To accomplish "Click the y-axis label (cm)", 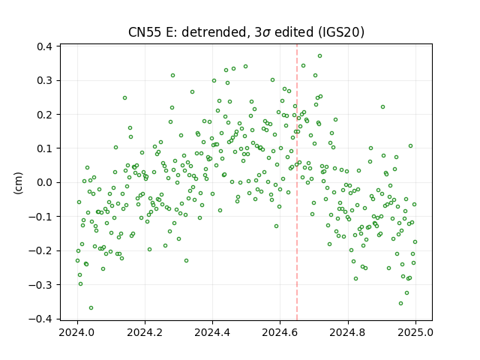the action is [18, 183].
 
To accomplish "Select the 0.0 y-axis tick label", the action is [44, 183].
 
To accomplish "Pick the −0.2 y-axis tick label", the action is [40, 251].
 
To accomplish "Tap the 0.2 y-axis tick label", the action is [44, 115].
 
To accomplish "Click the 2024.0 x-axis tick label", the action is [77, 332].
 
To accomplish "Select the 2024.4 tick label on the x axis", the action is [212, 332].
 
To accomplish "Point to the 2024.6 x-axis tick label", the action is [280, 332].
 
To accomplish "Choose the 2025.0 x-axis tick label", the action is [415, 332].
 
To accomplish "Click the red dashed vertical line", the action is [297, 182].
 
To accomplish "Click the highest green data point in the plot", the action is [319, 56].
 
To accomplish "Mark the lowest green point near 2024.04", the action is [91, 308].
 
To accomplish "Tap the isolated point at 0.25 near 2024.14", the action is [124, 98].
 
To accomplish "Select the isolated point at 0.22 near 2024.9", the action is [382, 106].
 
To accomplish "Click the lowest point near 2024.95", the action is [400, 303].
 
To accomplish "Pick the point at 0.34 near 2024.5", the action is [245, 67].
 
